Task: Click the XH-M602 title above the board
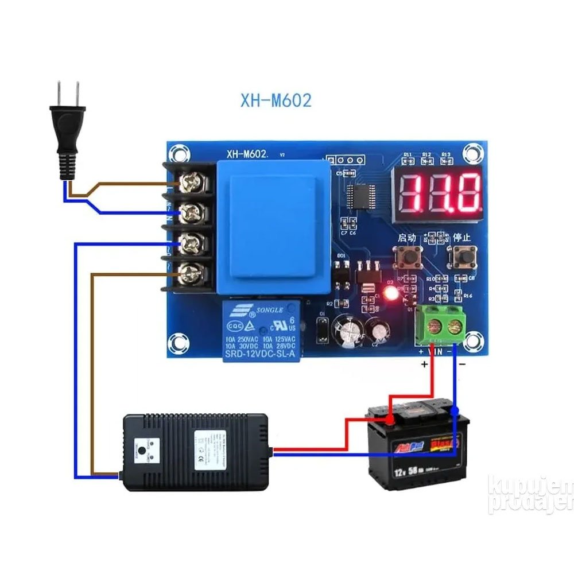(276, 101)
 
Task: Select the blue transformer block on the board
(273, 227)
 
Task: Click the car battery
(416, 445)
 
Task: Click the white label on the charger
(210, 451)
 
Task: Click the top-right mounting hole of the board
(472, 153)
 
